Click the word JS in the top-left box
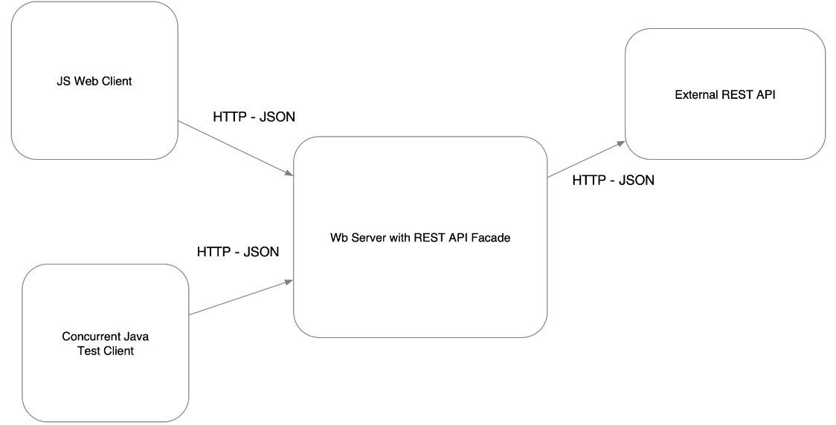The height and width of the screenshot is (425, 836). click(63, 82)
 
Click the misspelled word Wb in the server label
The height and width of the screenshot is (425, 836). click(338, 239)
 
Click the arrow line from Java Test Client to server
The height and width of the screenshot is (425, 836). click(238, 298)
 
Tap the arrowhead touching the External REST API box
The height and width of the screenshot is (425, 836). click(620, 145)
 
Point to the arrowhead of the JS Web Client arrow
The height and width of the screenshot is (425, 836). click(289, 174)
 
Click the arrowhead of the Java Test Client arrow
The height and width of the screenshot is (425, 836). click(289, 282)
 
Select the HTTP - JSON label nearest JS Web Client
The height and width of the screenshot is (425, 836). click(254, 117)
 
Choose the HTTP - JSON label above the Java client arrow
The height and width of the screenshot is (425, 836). click(238, 252)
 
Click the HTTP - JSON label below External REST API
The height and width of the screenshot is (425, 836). click(613, 180)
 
